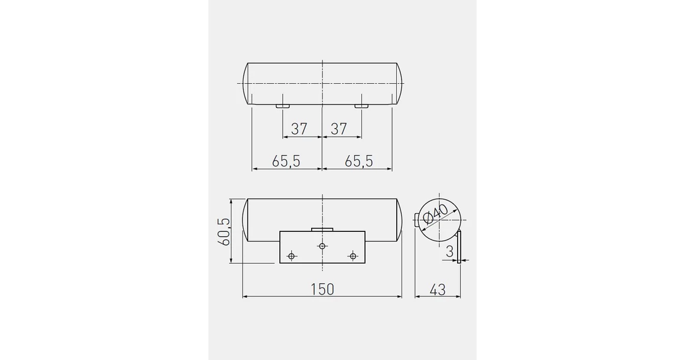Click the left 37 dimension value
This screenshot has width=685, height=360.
pos(299,129)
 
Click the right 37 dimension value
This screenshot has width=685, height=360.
pos(339,129)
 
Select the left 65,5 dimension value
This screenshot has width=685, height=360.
pos(286,161)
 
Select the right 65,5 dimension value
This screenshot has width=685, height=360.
pos(358,161)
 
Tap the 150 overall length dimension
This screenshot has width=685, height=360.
pos(322,289)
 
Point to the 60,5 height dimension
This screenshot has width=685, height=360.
pos(224,231)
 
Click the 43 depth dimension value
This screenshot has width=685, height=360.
pos(438,289)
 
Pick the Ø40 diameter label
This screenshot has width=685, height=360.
pos(436,214)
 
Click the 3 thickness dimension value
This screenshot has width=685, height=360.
pos(449,251)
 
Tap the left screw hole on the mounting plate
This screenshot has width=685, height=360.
pos(292,256)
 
